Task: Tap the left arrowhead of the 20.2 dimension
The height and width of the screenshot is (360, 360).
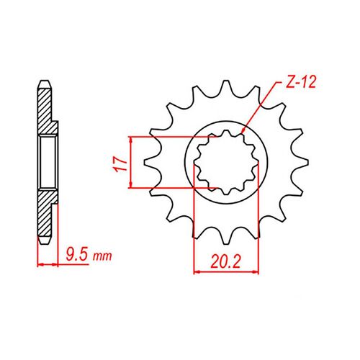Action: pyautogui.click(x=198, y=272)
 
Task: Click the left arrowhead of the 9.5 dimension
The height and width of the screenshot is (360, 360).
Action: pyautogui.click(x=39, y=265)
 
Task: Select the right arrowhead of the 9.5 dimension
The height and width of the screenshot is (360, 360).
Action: pyautogui.click(x=55, y=265)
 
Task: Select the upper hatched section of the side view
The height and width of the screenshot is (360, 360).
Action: pyautogui.click(x=45, y=108)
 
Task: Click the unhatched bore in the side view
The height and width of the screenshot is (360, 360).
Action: pyautogui.click(x=47, y=161)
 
